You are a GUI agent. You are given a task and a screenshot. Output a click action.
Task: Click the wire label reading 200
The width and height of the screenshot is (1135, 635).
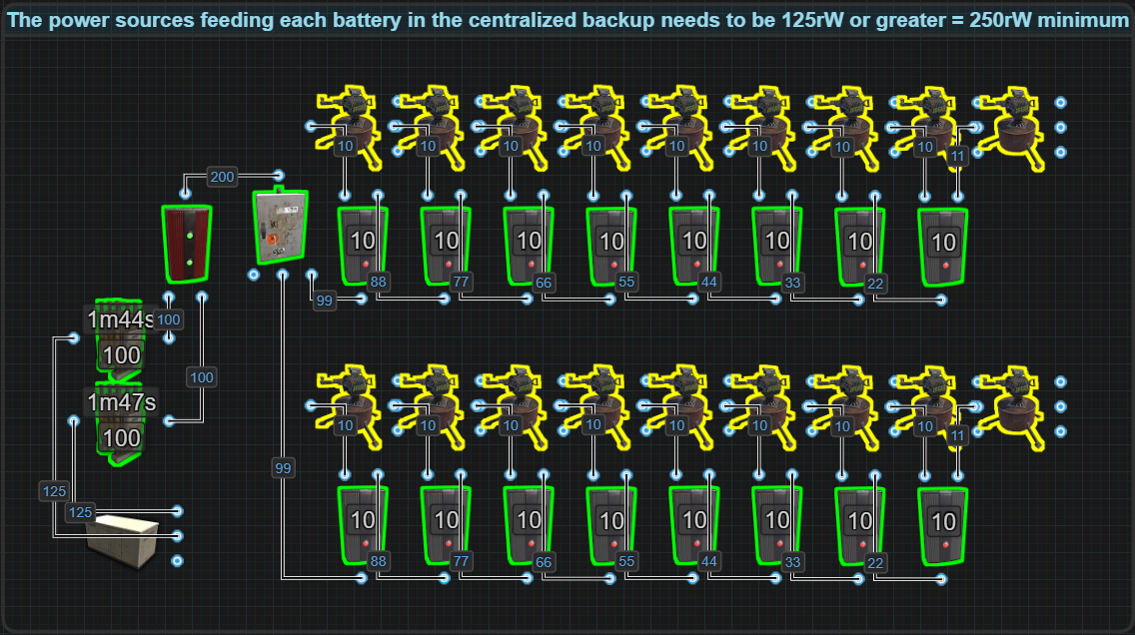[x=222, y=178]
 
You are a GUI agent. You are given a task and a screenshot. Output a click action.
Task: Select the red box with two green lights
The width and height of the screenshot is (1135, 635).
[x=187, y=245]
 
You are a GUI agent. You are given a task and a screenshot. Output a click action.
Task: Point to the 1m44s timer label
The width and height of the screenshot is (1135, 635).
[x=121, y=320]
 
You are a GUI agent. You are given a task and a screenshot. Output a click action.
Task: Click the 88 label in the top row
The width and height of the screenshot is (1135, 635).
[x=378, y=282]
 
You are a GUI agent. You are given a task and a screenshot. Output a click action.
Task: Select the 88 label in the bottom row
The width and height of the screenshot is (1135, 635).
[x=378, y=562]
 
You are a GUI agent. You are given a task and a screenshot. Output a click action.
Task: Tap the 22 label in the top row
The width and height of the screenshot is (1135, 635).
[x=875, y=282]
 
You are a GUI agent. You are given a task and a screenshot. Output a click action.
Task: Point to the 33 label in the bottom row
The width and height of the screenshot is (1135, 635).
[x=792, y=562]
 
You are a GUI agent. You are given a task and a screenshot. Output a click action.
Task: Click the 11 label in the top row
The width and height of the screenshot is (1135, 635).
[x=958, y=156]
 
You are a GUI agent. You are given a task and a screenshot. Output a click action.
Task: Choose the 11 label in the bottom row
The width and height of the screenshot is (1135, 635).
[x=958, y=435]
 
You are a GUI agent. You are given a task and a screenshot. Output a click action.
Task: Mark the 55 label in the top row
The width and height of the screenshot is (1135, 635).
[x=626, y=282]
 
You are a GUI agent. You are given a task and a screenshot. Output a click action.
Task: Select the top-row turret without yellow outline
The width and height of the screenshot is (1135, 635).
[x=1011, y=127]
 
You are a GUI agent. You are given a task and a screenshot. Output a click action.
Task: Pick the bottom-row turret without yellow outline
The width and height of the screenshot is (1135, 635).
[x=1011, y=406]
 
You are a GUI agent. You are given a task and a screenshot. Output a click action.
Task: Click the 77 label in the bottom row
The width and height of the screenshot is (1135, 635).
[x=461, y=562]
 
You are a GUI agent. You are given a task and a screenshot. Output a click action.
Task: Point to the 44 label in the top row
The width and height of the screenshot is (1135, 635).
[x=709, y=282]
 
